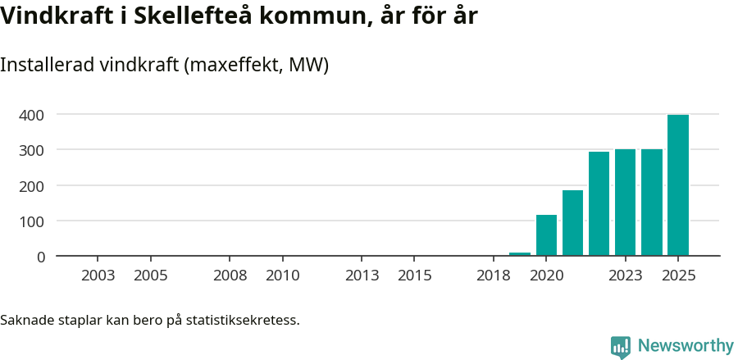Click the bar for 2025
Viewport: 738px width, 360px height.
678,185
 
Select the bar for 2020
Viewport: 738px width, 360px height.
546,235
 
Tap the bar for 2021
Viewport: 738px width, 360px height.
572,223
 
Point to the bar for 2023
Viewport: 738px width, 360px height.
626,203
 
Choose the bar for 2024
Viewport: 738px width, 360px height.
652,203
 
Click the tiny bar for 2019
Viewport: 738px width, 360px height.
520,254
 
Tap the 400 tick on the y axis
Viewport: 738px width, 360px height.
32,115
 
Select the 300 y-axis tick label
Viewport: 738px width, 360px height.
32,150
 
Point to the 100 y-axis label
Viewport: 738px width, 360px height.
32,221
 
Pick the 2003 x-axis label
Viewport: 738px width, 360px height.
98,276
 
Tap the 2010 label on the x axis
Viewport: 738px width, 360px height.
283,276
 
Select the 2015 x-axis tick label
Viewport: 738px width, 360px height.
415,276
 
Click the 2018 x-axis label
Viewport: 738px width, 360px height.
494,276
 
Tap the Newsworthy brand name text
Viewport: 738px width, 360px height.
686,346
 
